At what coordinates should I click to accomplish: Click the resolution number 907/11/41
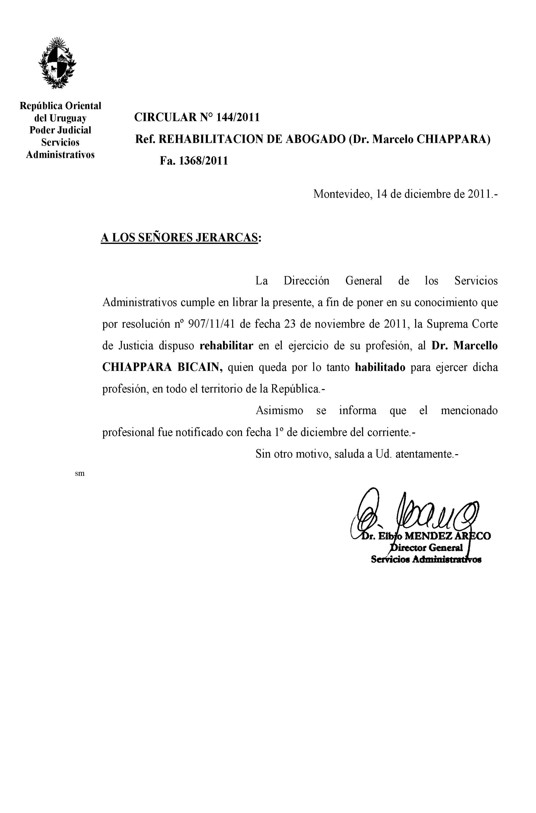pyautogui.click(x=212, y=324)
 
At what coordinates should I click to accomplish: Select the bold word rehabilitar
pyautogui.click(x=226, y=346)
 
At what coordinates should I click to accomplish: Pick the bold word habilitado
pyautogui.click(x=380, y=367)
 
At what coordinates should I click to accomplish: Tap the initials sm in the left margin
pyautogui.click(x=79, y=473)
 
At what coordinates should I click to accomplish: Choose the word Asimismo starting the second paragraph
pyautogui.click(x=279, y=410)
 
